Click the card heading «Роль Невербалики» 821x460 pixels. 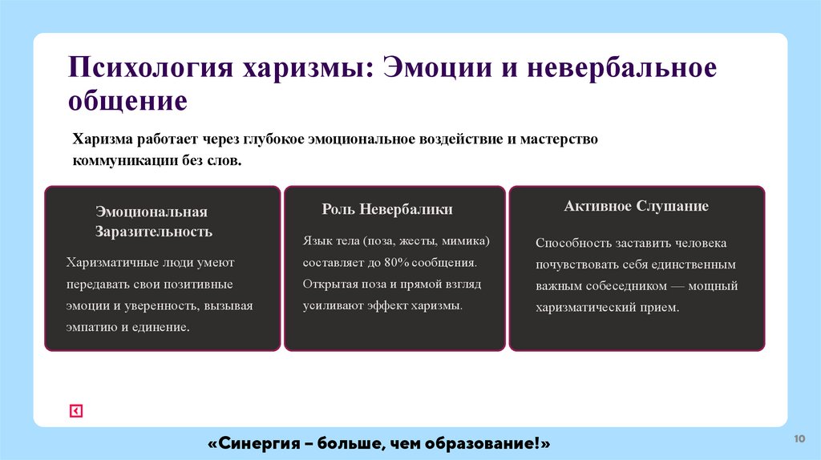pyautogui.click(x=387, y=210)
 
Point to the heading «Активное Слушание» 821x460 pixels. pyautogui.click(x=636, y=207)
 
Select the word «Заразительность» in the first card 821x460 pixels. pyautogui.click(x=154, y=232)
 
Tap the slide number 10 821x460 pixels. pyautogui.click(x=799, y=438)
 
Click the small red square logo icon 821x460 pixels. pyautogui.click(x=76, y=411)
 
